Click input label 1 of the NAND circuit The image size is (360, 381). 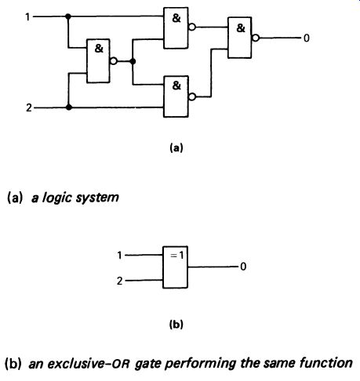coord(27,17)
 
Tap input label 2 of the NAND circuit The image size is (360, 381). coord(29,107)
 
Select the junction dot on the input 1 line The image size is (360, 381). coord(68,16)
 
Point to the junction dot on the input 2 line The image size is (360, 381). coord(69,107)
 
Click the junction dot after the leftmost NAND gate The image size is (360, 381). coord(133,61)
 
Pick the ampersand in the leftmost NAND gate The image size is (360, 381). coord(99,49)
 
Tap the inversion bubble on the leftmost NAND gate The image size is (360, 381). coord(114,61)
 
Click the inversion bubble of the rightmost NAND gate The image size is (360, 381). coord(256,38)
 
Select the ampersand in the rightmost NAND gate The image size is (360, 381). coord(241,28)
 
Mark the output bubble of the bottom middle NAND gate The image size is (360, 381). coord(192,97)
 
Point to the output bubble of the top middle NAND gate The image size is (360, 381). coord(192,27)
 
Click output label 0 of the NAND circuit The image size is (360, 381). coord(307,38)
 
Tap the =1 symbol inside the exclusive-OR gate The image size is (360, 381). coord(177,256)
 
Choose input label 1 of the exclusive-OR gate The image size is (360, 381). coord(119,256)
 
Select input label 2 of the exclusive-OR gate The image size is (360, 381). coord(119,281)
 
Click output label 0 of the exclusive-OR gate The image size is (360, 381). coord(243,267)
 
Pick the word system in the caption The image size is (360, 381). coord(97,198)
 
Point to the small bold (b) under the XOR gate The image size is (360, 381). coord(176,325)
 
